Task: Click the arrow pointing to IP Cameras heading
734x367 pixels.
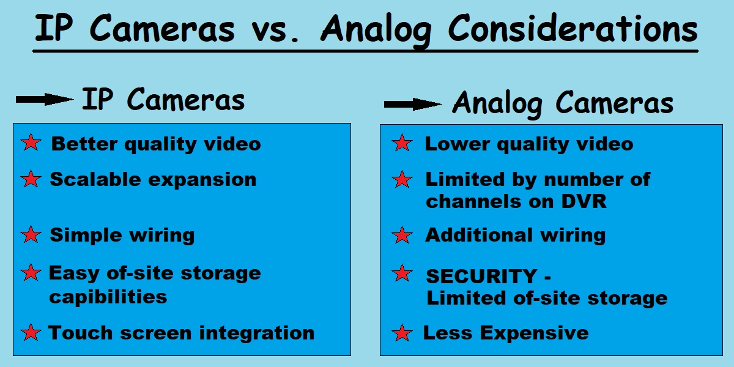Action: click(45, 99)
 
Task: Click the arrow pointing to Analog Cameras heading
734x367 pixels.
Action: click(413, 104)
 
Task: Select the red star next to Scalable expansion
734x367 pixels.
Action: click(31, 179)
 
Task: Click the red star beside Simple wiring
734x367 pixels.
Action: click(31, 234)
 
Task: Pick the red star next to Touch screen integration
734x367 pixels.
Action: click(31, 332)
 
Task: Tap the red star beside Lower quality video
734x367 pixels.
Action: click(402, 143)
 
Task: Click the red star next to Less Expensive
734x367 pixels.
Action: click(402, 333)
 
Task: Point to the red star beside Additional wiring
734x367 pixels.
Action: click(402, 235)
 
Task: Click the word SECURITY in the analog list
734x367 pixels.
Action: click(481, 276)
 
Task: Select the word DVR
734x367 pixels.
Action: click(584, 201)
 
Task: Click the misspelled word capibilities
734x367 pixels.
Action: click(108, 297)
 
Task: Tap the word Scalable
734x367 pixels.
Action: click(95, 179)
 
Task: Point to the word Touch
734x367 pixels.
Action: click(80, 333)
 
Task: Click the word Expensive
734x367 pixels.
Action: click(535, 333)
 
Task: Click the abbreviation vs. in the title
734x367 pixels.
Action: click(275, 31)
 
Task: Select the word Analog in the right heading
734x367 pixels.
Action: click(497, 104)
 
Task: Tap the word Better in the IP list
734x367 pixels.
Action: click(84, 144)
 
